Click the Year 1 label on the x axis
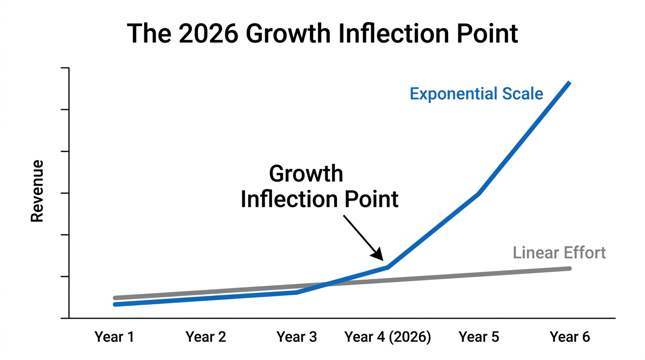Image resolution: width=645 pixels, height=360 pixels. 114,337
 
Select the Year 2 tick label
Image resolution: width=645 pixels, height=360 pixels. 206,337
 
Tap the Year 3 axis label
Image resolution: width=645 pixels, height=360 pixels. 297,337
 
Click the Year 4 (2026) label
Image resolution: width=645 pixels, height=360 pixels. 388,337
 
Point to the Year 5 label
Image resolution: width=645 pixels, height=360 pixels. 479,337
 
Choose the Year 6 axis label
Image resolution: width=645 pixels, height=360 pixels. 570,337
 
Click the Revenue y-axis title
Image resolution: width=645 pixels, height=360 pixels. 37,191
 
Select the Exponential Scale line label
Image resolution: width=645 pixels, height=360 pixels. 476,94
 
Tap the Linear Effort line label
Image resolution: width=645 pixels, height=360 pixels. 559,253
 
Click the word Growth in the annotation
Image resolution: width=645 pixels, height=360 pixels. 306,174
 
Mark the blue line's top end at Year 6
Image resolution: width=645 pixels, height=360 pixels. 569,83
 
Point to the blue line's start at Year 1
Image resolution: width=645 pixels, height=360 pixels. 115,304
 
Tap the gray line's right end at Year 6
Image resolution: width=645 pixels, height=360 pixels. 569,269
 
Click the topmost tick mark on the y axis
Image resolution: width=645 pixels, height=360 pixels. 65,68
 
